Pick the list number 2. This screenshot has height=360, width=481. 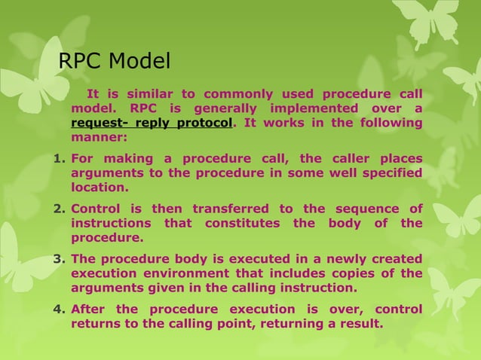(62, 209)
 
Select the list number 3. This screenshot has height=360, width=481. (62, 260)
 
